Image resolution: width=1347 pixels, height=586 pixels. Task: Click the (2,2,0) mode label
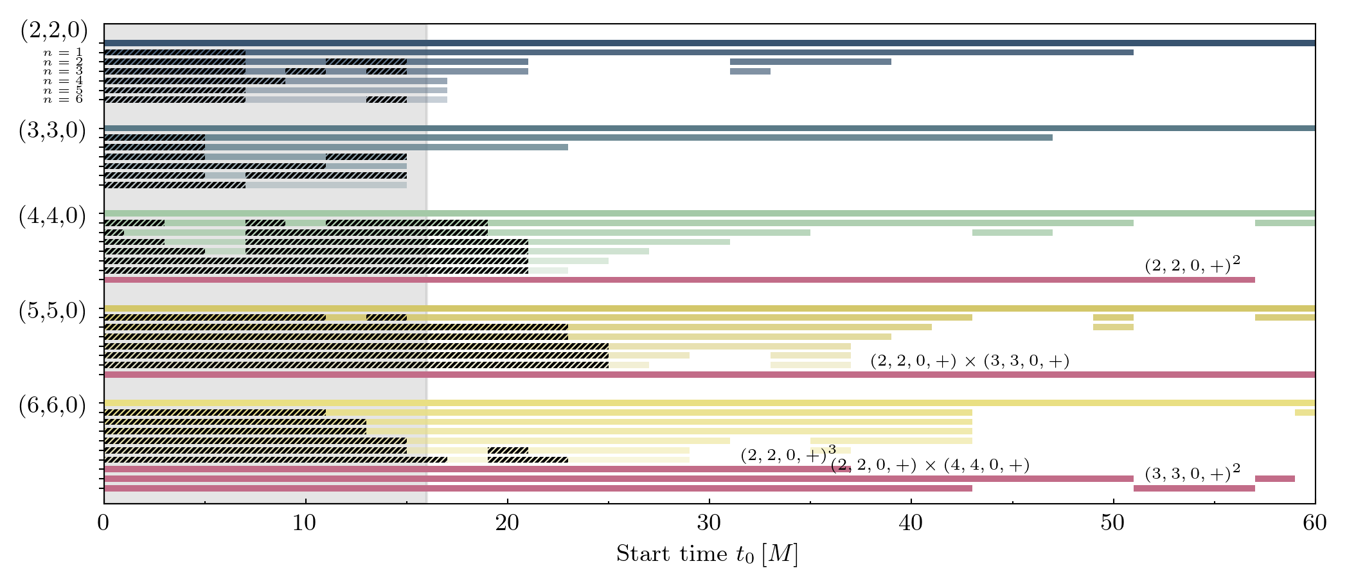pyautogui.click(x=53, y=30)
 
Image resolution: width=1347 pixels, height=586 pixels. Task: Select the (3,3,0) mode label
pyautogui.click(x=52, y=130)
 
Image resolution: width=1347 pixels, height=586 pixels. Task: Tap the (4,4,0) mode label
pyautogui.click(x=52, y=217)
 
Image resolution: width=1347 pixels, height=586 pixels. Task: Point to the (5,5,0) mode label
pyautogui.click(x=52, y=311)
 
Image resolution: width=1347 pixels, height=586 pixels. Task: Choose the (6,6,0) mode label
pyautogui.click(x=52, y=406)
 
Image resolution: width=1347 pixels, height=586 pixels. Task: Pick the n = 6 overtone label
pyautogui.click(x=63, y=100)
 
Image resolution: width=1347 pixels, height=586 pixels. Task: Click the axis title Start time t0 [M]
pyautogui.click(x=707, y=554)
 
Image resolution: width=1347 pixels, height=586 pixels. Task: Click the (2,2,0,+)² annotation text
pyautogui.click(x=1192, y=265)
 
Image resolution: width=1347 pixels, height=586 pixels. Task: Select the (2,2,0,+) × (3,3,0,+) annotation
pyautogui.click(x=970, y=361)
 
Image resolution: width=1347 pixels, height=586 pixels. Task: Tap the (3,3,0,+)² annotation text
pyautogui.click(x=1192, y=474)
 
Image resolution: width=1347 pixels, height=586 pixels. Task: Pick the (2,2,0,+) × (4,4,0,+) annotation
pyautogui.click(x=930, y=465)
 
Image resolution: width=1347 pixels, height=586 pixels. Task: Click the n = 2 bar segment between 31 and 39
pyautogui.click(x=810, y=62)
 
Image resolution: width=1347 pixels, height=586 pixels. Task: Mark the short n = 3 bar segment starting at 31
pyautogui.click(x=750, y=71)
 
